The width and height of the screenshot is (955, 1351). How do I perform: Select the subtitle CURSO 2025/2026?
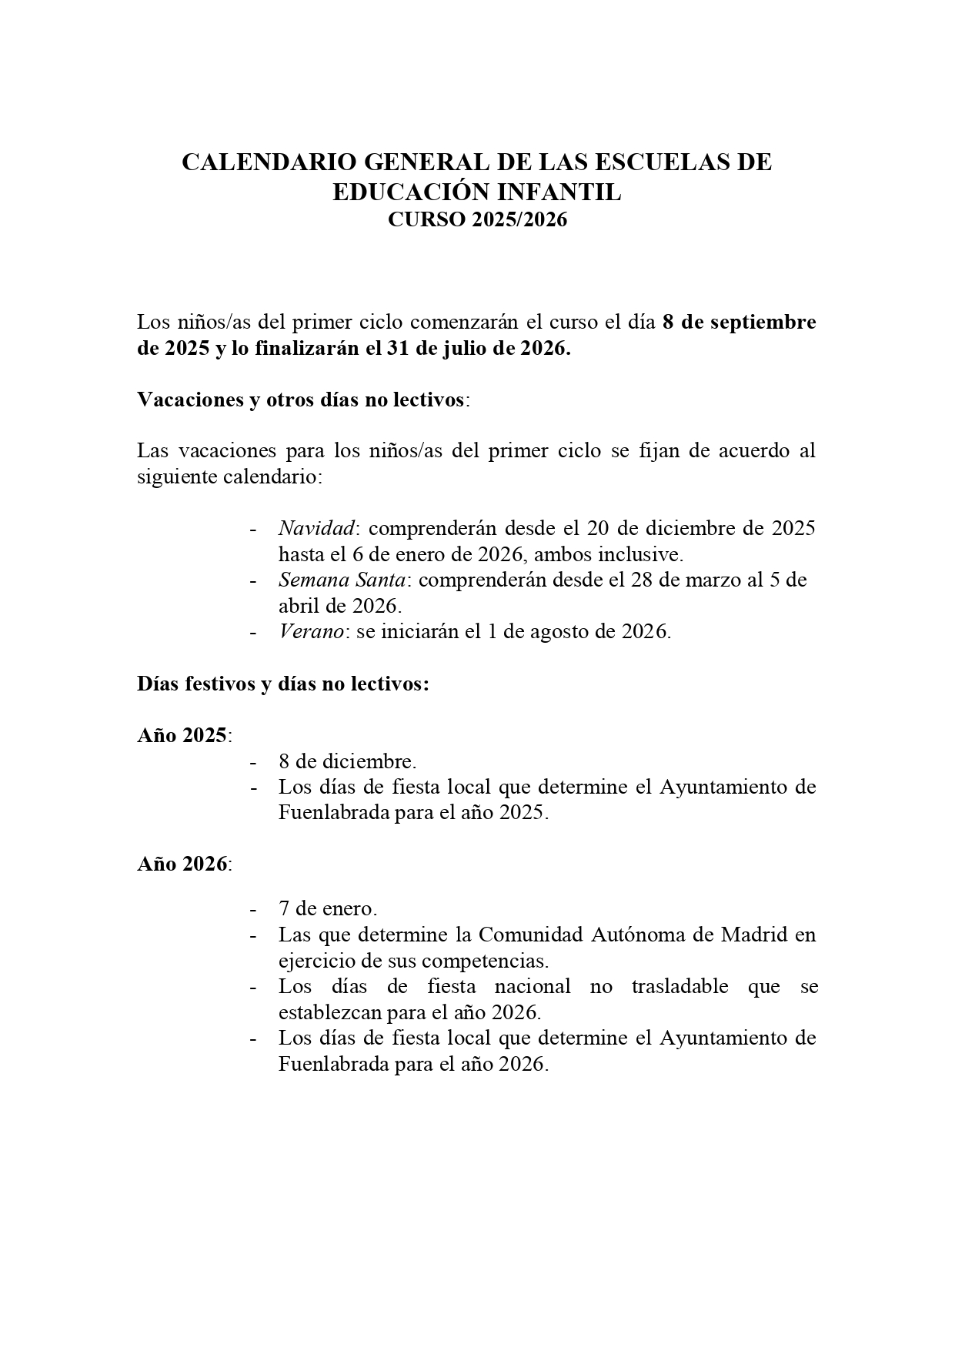[477, 220]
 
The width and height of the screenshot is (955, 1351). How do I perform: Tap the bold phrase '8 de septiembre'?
[739, 323]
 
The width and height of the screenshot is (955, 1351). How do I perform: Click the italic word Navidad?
[316, 528]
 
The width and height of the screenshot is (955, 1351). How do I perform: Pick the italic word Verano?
[311, 631]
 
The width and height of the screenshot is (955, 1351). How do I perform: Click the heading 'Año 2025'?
[183, 735]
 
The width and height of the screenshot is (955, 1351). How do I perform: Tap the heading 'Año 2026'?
[183, 864]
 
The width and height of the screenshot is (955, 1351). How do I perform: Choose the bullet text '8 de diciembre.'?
[347, 761]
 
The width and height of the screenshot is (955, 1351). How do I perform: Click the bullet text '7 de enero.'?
[328, 909]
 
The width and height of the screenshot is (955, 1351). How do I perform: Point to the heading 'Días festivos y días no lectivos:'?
[283, 684]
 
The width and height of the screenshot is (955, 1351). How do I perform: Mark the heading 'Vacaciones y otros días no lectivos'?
[301, 400]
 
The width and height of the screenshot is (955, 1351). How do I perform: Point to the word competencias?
[485, 961]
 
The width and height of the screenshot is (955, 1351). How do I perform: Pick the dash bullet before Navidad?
[252, 529]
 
